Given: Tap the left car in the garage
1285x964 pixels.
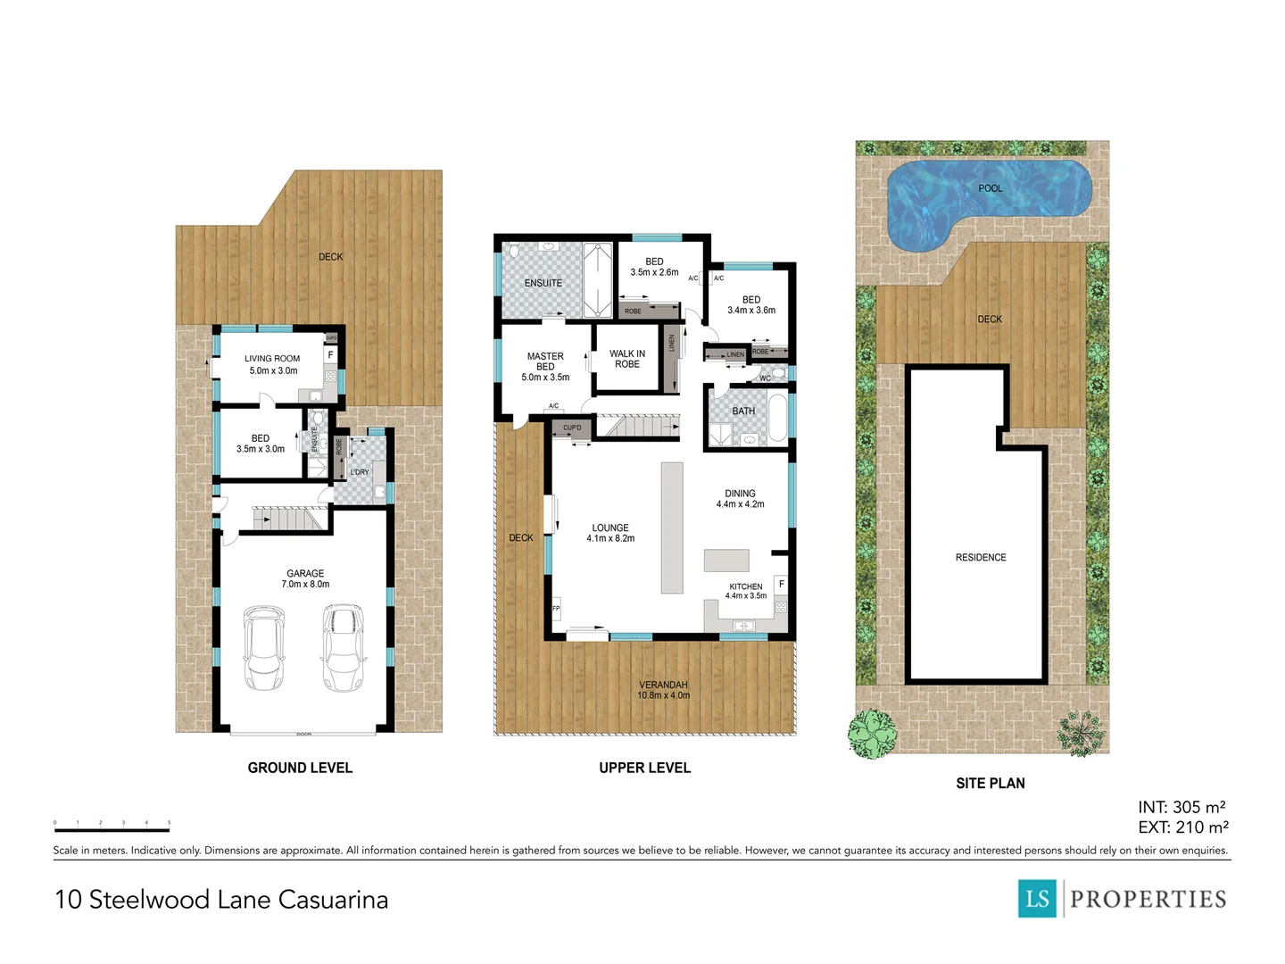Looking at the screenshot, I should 263,649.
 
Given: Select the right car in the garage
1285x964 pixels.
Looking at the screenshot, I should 344,648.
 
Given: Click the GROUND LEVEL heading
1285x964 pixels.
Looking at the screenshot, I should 300,768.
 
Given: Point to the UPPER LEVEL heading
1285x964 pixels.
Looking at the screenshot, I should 644,768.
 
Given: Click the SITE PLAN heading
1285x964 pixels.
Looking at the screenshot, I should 990,784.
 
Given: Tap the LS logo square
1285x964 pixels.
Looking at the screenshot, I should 1037,898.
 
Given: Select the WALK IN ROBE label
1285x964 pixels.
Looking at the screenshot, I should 627,359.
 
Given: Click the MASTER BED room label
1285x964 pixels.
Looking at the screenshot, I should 545,361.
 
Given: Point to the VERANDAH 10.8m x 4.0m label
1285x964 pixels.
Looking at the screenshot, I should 663,690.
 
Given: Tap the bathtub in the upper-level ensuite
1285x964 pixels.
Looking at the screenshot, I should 597,279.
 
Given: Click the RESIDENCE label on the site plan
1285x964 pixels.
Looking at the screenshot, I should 981,558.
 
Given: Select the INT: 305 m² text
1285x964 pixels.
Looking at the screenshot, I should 1181,808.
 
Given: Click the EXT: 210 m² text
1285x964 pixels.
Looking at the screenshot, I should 1182,828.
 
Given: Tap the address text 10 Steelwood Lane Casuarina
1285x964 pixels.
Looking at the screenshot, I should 221,899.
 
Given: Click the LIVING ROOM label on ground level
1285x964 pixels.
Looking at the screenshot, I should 272,364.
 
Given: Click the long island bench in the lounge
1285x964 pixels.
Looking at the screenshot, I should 672,528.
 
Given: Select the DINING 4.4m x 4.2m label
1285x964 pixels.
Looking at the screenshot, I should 740,499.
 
